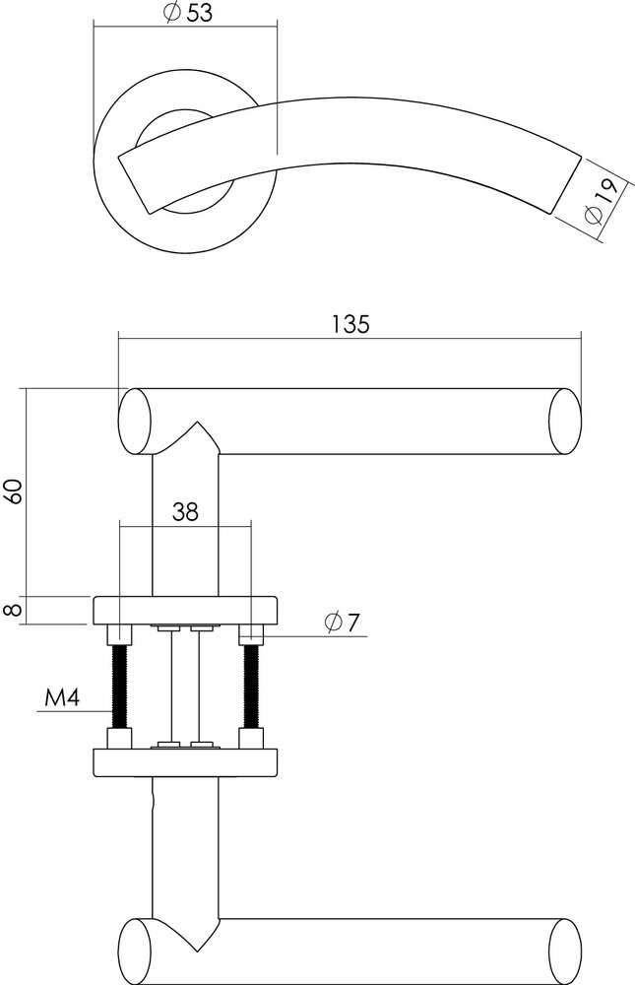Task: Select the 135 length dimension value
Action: [349, 324]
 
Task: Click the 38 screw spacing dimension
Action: [185, 511]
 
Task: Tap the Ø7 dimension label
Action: [342, 623]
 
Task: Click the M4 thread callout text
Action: [63, 700]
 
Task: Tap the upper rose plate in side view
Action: [185, 610]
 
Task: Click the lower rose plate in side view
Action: [185, 762]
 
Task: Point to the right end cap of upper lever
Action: [563, 422]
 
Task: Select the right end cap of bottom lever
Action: [563, 951]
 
